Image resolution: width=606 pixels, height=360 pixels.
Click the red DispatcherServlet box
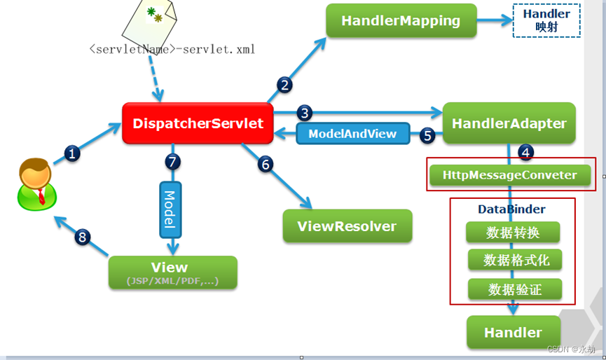click(x=198, y=124)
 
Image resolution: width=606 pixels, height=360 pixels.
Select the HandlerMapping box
click(x=401, y=20)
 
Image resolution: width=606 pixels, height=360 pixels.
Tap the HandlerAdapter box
click(x=509, y=124)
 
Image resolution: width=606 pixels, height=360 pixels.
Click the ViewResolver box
click(x=347, y=226)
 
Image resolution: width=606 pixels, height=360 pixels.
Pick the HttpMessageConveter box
click(x=510, y=174)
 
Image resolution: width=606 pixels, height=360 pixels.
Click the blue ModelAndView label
click(x=352, y=133)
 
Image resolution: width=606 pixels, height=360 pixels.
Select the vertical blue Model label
click(x=169, y=209)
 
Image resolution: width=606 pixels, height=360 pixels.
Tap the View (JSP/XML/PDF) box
click(x=172, y=272)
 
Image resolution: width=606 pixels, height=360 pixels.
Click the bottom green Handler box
click(x=514, y=332)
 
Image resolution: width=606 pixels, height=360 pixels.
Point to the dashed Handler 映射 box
click(x=546, y=21)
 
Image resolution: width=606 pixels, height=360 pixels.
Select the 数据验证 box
click(x=514, y=289)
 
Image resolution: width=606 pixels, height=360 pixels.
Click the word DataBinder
click(x=511, y=209)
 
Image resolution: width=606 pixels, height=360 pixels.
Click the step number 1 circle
click(x=73, y=153)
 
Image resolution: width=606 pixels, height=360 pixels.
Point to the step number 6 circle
click(x=265, y=164)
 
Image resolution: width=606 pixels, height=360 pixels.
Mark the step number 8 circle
click(x=83, y=237)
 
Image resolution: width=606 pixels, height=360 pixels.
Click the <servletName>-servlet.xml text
click(x=172, y=50)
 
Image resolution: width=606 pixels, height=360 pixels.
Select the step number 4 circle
click(x=527, y=151)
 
